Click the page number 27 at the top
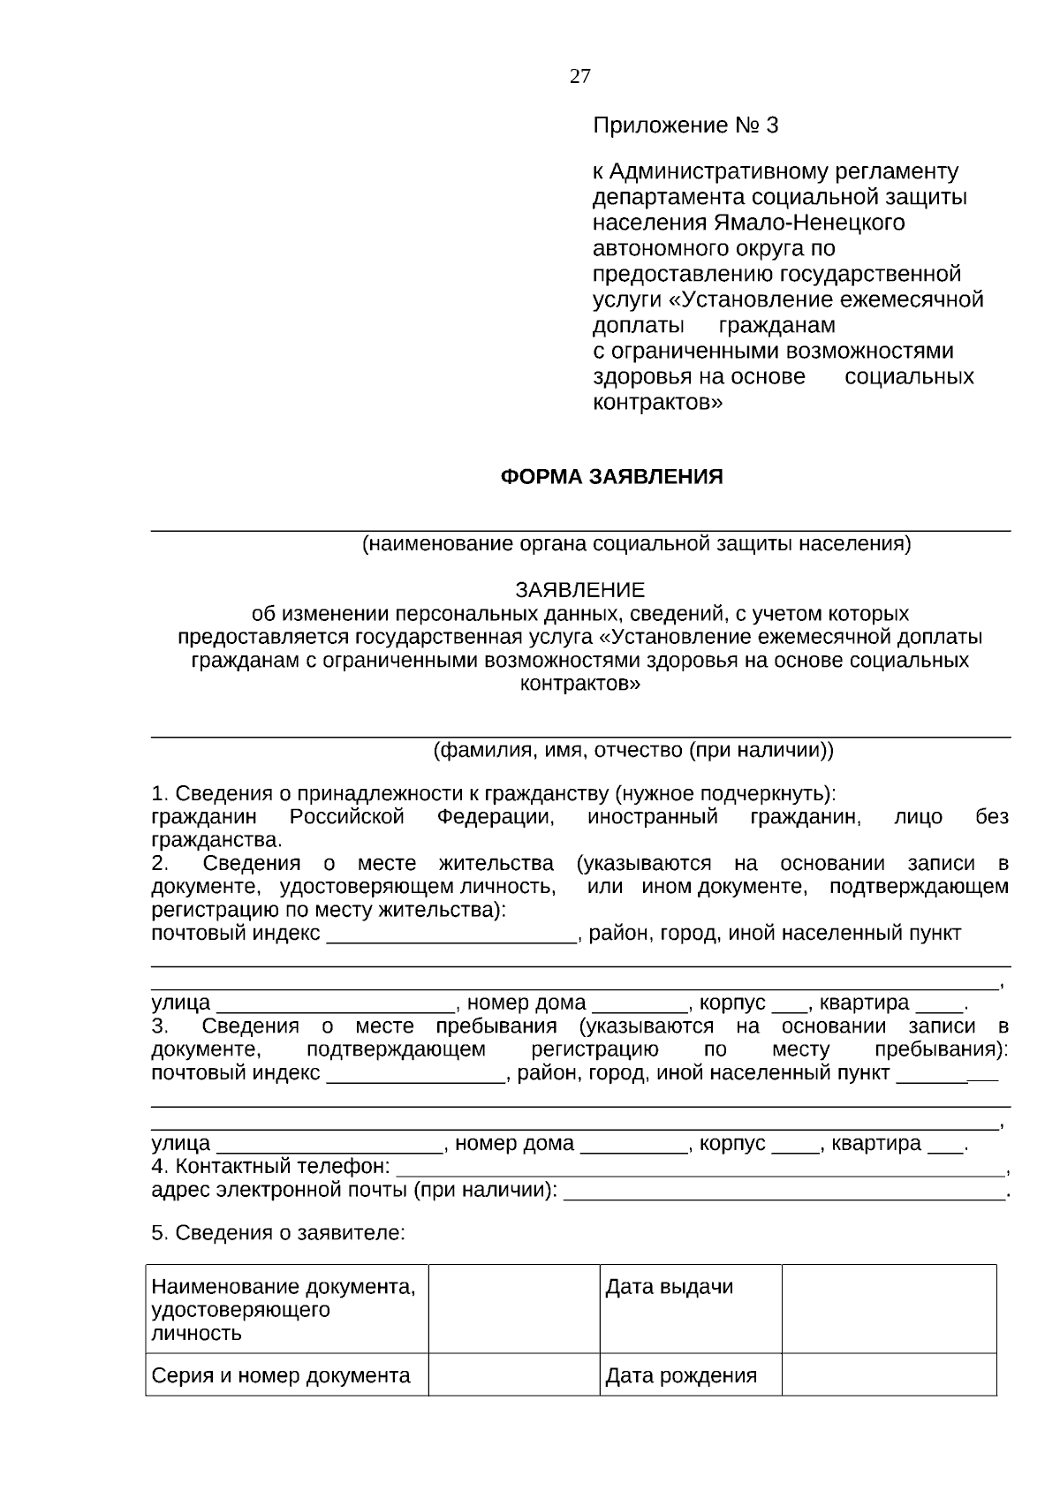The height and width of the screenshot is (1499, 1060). (x=580, y=76)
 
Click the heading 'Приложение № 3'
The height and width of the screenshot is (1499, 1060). (x=685, y=125)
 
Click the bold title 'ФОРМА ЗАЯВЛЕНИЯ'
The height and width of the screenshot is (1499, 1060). (x=611, y=477)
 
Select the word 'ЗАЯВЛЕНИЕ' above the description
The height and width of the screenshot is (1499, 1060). (x=579, y=589)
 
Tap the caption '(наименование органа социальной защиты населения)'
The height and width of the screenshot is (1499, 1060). (x=636, y=544)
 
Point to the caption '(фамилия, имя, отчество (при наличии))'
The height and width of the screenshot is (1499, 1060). (x=632, y=751)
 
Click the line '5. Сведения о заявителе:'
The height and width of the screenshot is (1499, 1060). (x=278, y=1233)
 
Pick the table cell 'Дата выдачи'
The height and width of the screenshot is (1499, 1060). (x=669, y=1287)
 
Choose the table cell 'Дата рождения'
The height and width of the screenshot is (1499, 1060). (x=681, y=1375)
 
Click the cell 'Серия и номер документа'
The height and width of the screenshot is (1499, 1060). (x=281, y=1375)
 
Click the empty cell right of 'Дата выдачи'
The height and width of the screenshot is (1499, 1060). (x=889, y=1308)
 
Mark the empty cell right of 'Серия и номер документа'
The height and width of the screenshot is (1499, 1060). (x=514, y=1374)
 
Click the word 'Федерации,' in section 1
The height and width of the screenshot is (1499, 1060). (x=496, y=817)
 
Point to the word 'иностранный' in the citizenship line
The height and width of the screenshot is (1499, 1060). (x=652, y=817)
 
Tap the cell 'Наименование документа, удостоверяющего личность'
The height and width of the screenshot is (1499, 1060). (x=283, y=1309)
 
